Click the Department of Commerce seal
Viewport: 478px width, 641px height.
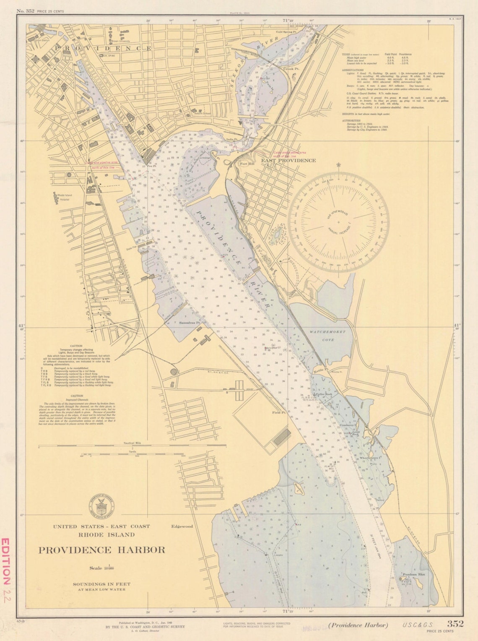pos(100,505)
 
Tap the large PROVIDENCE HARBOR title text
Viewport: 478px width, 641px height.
pos(102,550)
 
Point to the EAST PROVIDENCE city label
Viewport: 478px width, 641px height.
pos(288,160)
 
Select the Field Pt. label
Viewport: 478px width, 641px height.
pos(279,413)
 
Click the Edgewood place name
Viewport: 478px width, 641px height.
pos(182,526)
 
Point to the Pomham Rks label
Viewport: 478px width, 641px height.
pos(413,574)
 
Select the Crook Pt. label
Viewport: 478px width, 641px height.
pos(291,68)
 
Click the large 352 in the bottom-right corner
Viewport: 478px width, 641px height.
pos(455,624)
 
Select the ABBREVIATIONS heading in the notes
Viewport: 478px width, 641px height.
pos(352,70)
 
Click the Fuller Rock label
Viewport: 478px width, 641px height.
pos(324,394)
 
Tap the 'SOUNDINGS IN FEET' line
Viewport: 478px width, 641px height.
pos(101,584)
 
